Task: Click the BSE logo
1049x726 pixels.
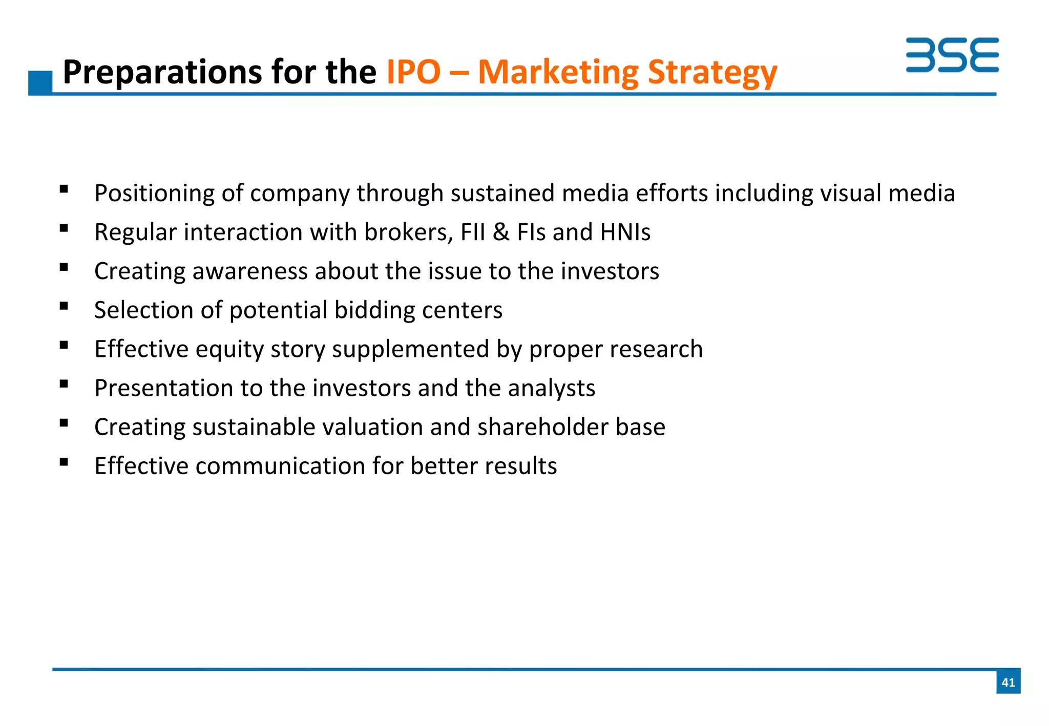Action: (x=952, y=55)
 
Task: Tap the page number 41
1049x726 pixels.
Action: (x=1008, y=682)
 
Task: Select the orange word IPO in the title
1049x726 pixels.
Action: (x=413, y=72)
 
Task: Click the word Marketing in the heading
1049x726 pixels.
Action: (x=558, y=73)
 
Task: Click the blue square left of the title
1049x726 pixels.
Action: (x=40, y=82)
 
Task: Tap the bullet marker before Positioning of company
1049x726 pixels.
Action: (x=64, y=189)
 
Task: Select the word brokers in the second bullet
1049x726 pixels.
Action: (x=408, y=232)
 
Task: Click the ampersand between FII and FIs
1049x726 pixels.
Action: (x=501, y=232)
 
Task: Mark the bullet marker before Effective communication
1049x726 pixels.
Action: (x=64, y=462)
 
